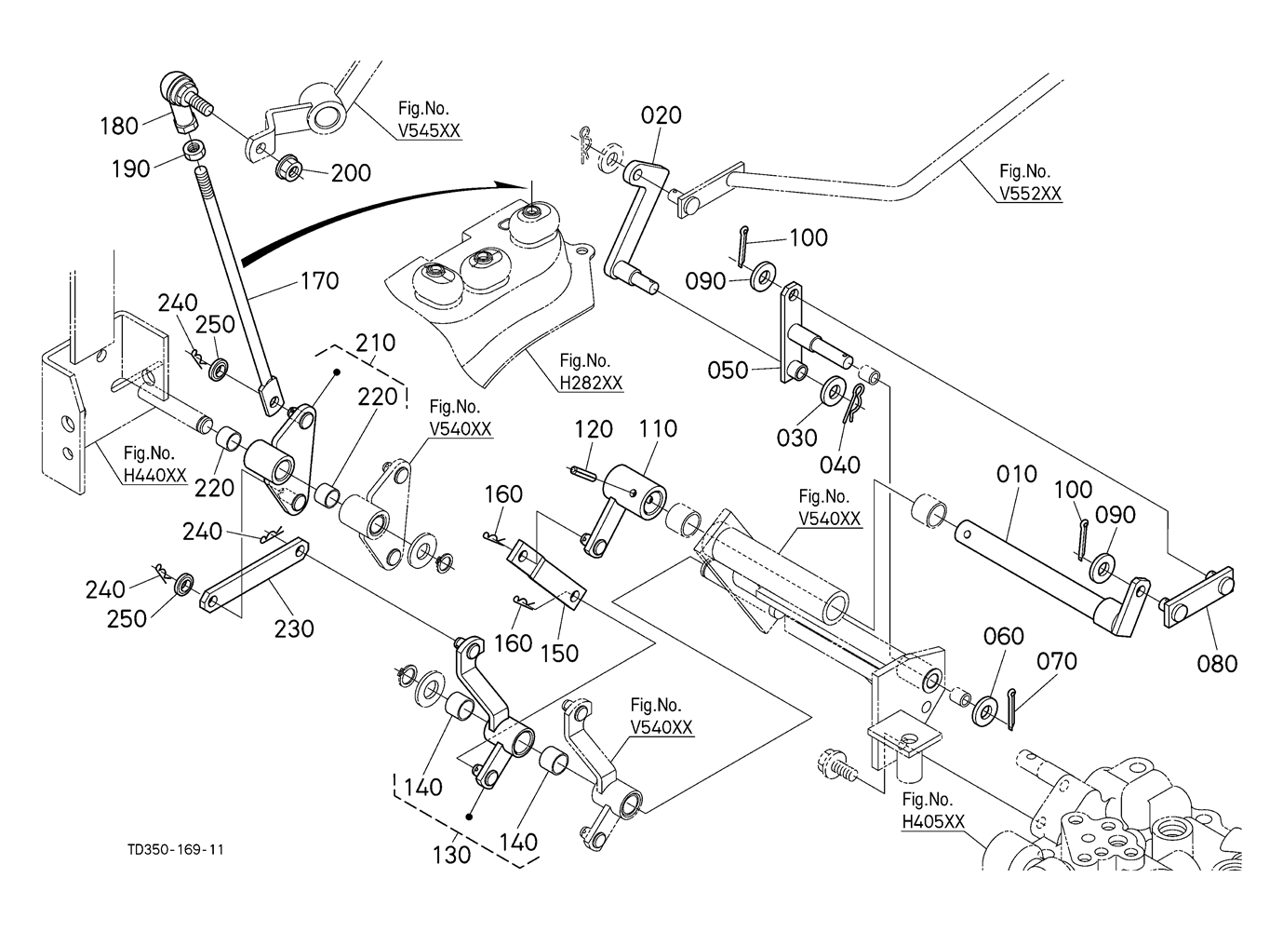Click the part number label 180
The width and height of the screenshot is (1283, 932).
[119, 126]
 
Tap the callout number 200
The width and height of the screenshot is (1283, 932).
[351, 172]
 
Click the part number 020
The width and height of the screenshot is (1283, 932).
[661, 115]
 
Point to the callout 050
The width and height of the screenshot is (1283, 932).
[728, 370]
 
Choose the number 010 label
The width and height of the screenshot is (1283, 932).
[1016, 474]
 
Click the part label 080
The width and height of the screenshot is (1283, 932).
[1217, 663]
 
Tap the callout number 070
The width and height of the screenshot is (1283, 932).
[1057, 661]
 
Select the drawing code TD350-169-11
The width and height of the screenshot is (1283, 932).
[176, 850]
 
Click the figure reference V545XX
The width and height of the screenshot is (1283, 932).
[429, 131]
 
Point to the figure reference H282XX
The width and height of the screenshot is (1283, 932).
[591, 382]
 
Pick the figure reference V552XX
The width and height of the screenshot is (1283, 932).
[1030, 193]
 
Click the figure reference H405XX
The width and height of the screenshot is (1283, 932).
[933, 821]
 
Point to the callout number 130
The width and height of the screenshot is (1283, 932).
[453, 853]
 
